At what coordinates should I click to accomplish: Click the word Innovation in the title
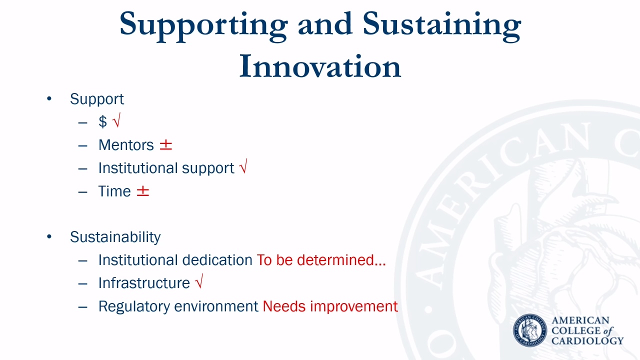320,66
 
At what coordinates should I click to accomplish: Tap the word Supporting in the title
203,26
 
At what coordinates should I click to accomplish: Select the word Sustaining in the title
442,26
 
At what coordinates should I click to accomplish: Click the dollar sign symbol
102,121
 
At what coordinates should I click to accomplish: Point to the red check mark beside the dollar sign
116,120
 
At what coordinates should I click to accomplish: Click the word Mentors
126,145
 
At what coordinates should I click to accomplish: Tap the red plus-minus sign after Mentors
165,145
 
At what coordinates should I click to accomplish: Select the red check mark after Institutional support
243,166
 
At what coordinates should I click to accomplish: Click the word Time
114,191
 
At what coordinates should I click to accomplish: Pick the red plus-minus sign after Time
143,191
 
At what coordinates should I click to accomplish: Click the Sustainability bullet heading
115,237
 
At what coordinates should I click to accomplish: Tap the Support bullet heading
97,99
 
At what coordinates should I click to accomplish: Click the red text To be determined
321,260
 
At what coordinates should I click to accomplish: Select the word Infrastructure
144,283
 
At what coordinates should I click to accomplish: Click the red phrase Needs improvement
330,306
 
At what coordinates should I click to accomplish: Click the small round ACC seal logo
529,330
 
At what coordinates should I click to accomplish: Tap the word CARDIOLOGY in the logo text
587,341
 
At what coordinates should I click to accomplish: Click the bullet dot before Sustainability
49,236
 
